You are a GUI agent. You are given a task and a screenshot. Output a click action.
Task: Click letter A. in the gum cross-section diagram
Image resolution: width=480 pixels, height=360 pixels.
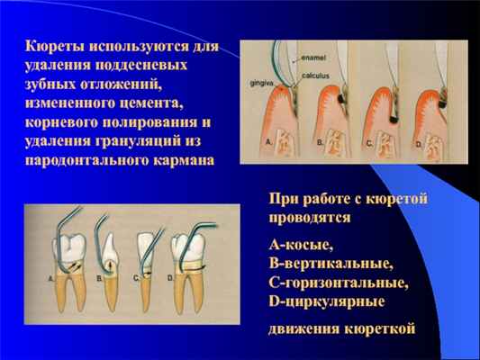pyautogui.click(x=269, y=142)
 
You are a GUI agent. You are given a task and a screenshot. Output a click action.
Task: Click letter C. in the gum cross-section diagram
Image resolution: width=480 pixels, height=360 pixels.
pyautogui.click(x=367, y=142)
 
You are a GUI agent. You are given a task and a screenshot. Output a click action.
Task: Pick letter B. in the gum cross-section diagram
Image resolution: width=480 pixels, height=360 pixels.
pyautogui.click(x=319, y=142)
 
